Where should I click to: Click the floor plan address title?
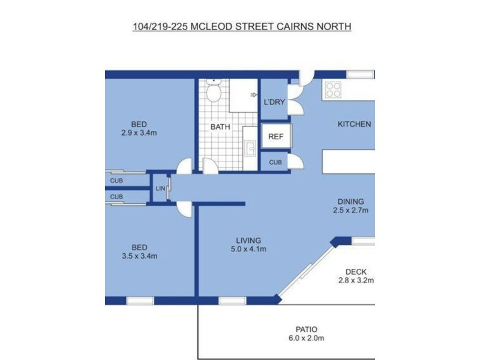[x=241, y=26]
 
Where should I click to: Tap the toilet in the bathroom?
[x=214, y=92]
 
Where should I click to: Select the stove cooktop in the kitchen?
[x=332, y=90]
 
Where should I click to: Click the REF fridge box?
[x=275, y=136]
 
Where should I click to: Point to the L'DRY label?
[x=274, y=102]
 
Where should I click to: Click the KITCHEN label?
[x=354, y=124]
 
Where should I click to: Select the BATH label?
[x=220, y=127]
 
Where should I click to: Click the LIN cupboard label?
[x=160, y=188]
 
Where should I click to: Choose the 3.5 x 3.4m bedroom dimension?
[x=139, y=256]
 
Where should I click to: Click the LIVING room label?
[x=247, y=240]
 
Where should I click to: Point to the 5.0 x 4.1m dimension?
[x=247, y=249]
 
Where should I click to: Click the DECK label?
[x=356, y=271]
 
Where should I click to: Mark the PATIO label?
[x=306, y=329]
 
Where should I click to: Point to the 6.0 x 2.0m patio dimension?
[x=306, y=338]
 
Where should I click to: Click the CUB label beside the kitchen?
[x=275, y=162]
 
